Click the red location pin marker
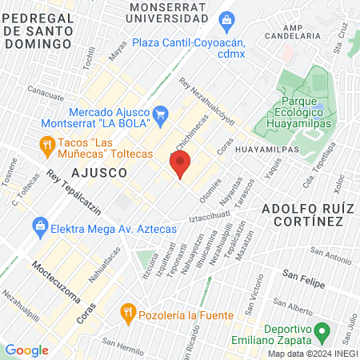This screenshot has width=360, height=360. pyautogui.click(x=180, y=165)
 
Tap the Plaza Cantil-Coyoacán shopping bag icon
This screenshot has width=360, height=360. pyautogui.click(x=226, y=18)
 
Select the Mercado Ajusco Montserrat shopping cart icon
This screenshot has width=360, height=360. pyautogui.click(x=159, y=113)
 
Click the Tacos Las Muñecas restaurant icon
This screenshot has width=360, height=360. pyautogui.click(x=46, y=144)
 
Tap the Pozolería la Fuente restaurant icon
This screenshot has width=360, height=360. pyautogui.click(x=126, y=310)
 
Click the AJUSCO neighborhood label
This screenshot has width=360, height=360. pyautogui.click(x=99, y=172)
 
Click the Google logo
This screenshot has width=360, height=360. pyautogui.click(x=26, y=350)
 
